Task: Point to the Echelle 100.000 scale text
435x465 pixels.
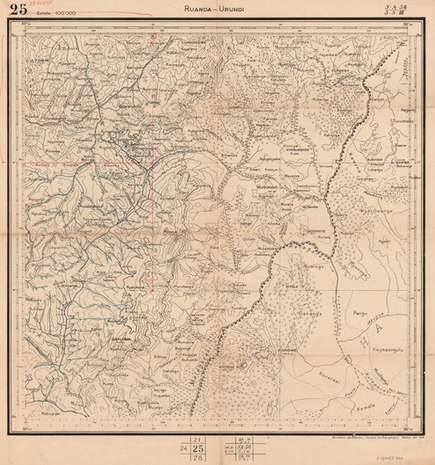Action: tap(54, 15)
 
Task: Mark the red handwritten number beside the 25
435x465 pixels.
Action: tap(37, 4)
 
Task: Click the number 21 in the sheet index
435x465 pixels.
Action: tap(199, 438)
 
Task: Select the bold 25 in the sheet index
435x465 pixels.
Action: tap(199, 447)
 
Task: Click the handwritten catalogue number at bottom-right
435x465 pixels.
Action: tap(406, 456)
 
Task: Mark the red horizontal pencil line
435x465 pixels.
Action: tap(70, 163)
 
